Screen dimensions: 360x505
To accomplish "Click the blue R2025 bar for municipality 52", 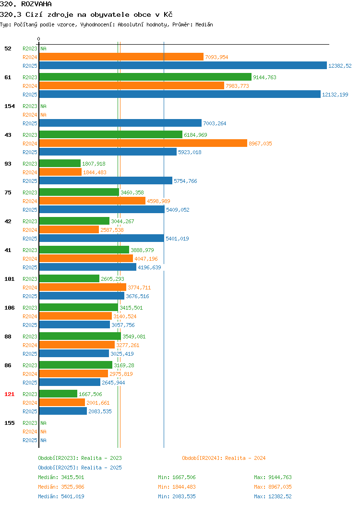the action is point(183,65).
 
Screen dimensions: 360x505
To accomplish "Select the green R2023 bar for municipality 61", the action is point(145,77).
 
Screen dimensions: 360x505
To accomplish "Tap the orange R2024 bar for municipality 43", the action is point(144,144).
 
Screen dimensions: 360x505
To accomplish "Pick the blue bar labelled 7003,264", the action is point(120,123).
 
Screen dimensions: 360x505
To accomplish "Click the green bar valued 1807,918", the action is point(60,163).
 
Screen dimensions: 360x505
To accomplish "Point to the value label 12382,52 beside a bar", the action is point(340,66).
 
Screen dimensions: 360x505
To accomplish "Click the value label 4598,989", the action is point(158,201).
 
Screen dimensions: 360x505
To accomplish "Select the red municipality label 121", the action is point(9,394).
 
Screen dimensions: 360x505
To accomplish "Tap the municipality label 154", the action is point(9,106).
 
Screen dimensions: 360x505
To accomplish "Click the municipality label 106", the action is point(9,308).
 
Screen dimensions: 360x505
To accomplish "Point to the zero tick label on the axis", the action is point(39,39).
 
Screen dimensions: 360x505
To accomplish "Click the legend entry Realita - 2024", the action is point(224,458).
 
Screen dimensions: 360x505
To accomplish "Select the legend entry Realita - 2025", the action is point(80,468).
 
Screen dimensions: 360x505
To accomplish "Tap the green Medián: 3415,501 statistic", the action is point(61,477).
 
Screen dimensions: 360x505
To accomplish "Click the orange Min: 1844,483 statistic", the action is point(177,487).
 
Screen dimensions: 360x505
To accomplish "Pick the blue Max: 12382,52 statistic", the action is point(273,497).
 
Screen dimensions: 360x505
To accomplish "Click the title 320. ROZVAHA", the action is point(26,4).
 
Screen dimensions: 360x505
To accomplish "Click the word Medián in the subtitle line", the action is point(204,24).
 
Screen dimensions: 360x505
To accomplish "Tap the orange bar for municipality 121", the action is point(62,402).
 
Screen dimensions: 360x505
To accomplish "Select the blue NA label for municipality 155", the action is point(44,440).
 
